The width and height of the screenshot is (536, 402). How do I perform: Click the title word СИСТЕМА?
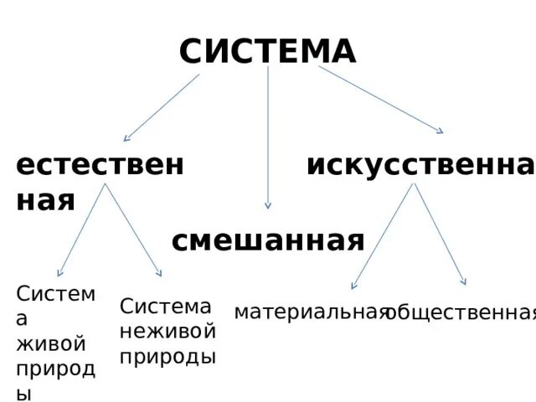267,52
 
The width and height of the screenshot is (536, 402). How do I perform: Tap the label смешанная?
268,241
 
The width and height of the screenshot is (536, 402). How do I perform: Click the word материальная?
312,312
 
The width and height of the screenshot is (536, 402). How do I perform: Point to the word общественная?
461,313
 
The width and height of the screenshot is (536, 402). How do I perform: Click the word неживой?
167,331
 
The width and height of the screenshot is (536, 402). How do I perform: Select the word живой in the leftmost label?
51,343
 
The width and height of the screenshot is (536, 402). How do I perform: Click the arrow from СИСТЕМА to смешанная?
268,134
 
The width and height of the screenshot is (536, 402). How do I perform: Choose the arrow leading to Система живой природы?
81,229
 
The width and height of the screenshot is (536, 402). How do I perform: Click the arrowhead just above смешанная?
268,204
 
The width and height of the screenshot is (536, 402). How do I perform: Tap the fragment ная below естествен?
45,201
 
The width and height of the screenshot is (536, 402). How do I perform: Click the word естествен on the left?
100,165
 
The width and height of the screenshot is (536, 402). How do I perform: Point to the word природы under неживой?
167,356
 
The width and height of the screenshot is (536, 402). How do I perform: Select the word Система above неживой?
165,307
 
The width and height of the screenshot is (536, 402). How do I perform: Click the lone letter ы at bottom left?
23,392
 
